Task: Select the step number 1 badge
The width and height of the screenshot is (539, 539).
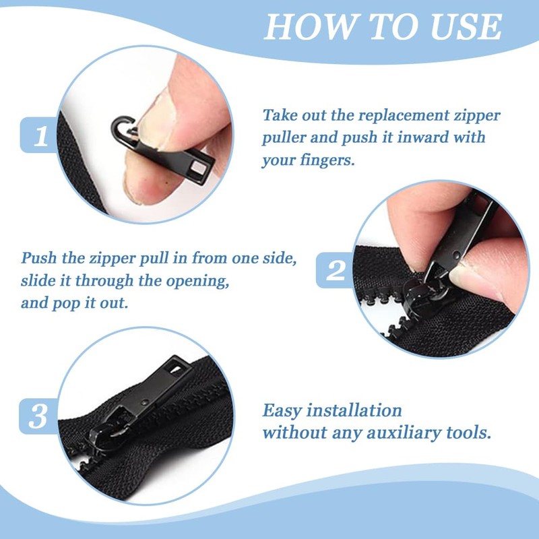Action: click(40, 135)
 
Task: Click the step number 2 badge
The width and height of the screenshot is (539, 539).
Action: click(335, 270)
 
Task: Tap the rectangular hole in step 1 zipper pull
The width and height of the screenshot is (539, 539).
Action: click(197, 168)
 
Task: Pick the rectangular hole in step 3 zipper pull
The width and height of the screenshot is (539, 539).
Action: click(177, 369)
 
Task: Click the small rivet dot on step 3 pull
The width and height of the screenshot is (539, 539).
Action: click(145, 402)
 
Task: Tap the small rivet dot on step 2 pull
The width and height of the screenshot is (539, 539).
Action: click(456, 255)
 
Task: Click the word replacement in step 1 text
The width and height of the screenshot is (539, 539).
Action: click(404, 115)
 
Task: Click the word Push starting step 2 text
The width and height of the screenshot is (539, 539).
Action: click(39, 258)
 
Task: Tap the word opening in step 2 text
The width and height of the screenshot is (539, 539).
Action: click(198, 281)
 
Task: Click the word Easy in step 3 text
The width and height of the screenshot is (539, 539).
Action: click(282, 411)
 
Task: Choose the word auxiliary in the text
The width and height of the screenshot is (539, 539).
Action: click(404, 433)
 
